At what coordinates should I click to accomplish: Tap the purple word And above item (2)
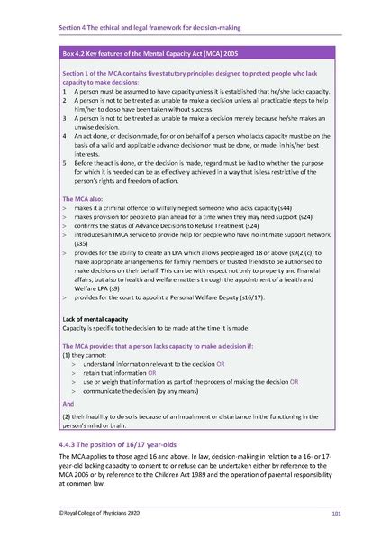[68, 405]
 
